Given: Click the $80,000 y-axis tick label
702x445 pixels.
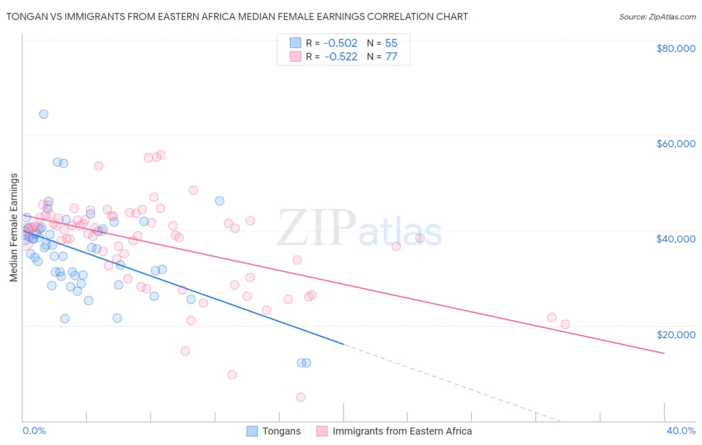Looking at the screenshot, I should [x=676, y=48].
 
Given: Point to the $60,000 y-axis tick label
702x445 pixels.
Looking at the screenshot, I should [x=676, y=144].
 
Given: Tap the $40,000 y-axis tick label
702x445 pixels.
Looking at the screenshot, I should [x=676, y=239].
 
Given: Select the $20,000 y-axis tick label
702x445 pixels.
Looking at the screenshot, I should [x=676, y=334].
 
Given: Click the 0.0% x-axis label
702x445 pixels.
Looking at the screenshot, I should [x=34, y=431].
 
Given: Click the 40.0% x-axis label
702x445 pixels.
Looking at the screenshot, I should [x=681, y=431].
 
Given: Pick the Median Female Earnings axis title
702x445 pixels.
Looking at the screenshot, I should [x=14, y=227].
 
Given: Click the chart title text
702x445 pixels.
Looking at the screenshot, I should [x=237, y=16].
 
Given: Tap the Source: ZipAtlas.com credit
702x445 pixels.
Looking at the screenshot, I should [x=657, y=16].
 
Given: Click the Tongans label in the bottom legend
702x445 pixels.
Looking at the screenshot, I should [x=282, y=431].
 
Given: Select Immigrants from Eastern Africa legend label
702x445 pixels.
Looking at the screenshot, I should [x=402, y=431].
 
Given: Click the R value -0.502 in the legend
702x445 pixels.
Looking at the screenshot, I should [x=341, y=43].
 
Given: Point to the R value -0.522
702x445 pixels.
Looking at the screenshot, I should [x=341, y=57].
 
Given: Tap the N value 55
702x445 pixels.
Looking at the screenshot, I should [x=391, y=43].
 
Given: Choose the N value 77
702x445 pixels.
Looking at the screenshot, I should [x=391, y=57].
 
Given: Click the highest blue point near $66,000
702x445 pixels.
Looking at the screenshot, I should [x=43, y=114].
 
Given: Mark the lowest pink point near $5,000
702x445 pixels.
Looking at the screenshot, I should [x=301, y=397].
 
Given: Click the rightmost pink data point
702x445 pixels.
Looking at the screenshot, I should [x=565, y=324].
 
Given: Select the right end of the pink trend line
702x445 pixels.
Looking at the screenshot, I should [x=664, y=353].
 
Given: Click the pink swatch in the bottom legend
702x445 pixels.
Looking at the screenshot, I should [x=322, y=431].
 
